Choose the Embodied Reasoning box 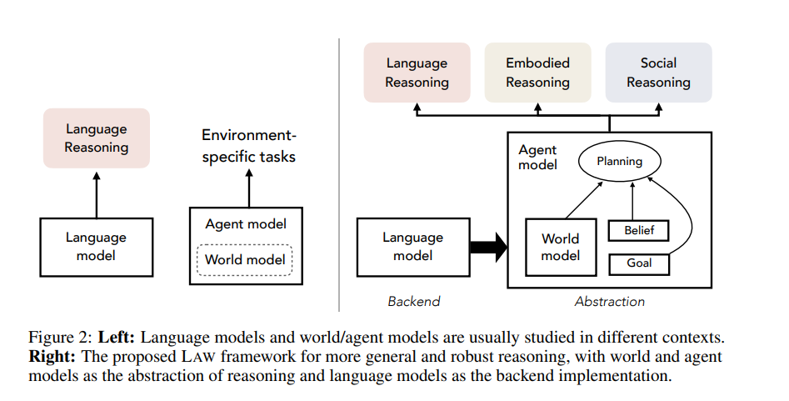click(x=537, y=73)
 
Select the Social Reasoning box click(x=658, y=73)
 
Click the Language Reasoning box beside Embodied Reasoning click(x=417, y=73)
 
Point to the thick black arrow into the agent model click(x=488, y=248)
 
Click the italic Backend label click(x=413, y=301)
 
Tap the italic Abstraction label click(x=609, y=301)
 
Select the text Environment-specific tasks click(x=248, y=146)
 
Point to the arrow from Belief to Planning click(x=632, y=201)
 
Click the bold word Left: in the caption click(x=117, y=337)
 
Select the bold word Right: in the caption click(x=52, y=357)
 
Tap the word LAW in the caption click(x=198, y=357)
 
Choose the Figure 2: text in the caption click(x=60, y=337)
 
